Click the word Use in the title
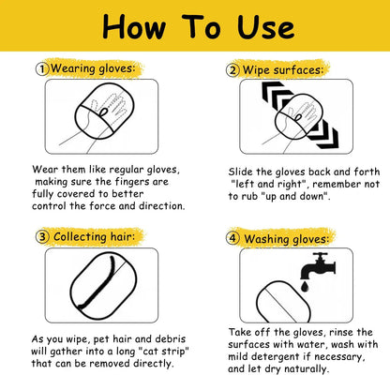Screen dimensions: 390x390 pyautogui.click(x=265, y=27)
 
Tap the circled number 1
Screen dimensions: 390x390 pyautogui.click(x=42, y=69)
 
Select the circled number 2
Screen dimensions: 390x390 pyautogui.click(x=232, y=70)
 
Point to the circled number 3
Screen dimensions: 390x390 pyautogui.click(x=42, y=236)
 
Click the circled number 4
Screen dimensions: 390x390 pyautogui.click(x=232, y=238)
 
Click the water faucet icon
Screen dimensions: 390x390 pyautogui.click(x=318, y=265)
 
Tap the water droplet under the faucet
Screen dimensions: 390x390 pyautogui.click(x=306, y=286)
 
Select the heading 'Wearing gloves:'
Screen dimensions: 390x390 pyautogui.click(x=93, y=68)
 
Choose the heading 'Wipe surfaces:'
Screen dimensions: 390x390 pyautogui.click(x=283, y=70)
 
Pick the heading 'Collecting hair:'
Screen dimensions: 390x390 pyautogui.click(x=95, y=236)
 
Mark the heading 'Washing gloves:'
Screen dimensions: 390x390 pyautogui.click(x=287, y=239)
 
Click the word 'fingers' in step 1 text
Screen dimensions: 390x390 pyautogui.click(x=132, y=182)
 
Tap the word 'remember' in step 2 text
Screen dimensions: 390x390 pyautogui.click(x=337, y=185)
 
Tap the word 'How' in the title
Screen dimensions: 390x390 pyautogui.click(x=134, y=27)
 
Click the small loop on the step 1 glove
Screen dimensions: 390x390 pyautogui.click(x=104, y=112)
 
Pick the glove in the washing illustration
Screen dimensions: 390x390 pyautogui.click(x=283, y=302)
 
